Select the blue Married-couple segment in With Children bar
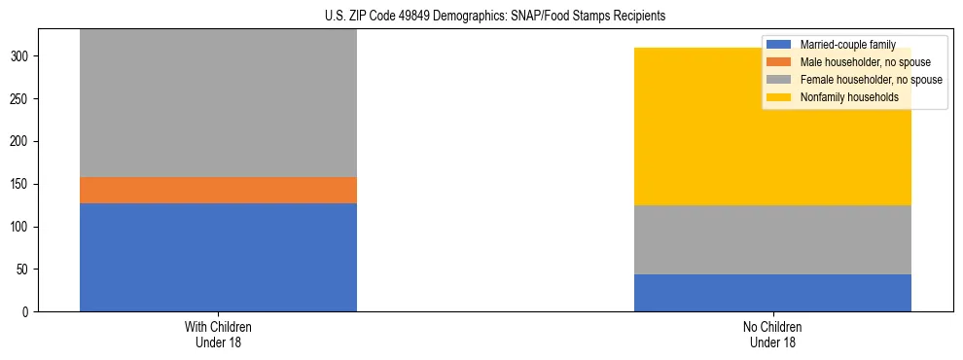coord(218,257)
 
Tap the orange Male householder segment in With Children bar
coord(218,190)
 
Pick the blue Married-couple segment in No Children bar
coord(772,293)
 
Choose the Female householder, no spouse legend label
coord(871,80)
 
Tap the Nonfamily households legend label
coord(848,97)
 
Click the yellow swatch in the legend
coord(779,97)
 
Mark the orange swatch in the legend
coord(779,62)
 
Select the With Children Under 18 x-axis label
coord(218,334)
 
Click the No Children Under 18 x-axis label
coord(772,334)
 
